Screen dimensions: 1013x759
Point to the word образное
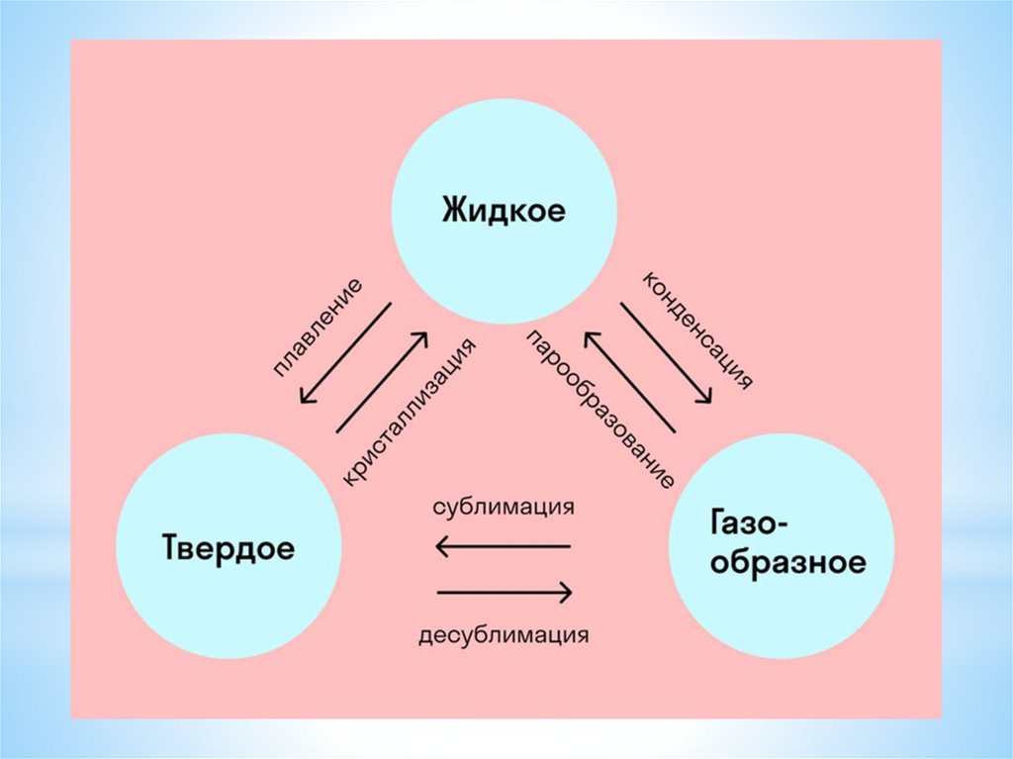[x=777, y=564]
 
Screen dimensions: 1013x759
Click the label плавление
[x=318, y=328]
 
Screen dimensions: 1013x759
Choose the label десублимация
[x=505, y=633]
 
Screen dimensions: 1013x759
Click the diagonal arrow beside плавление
[x=345, y=353]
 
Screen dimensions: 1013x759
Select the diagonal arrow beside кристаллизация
[x=383, y=381]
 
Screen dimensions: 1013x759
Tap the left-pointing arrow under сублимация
[x=504, y=545]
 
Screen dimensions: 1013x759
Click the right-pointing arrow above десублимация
[x=505, y=593]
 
